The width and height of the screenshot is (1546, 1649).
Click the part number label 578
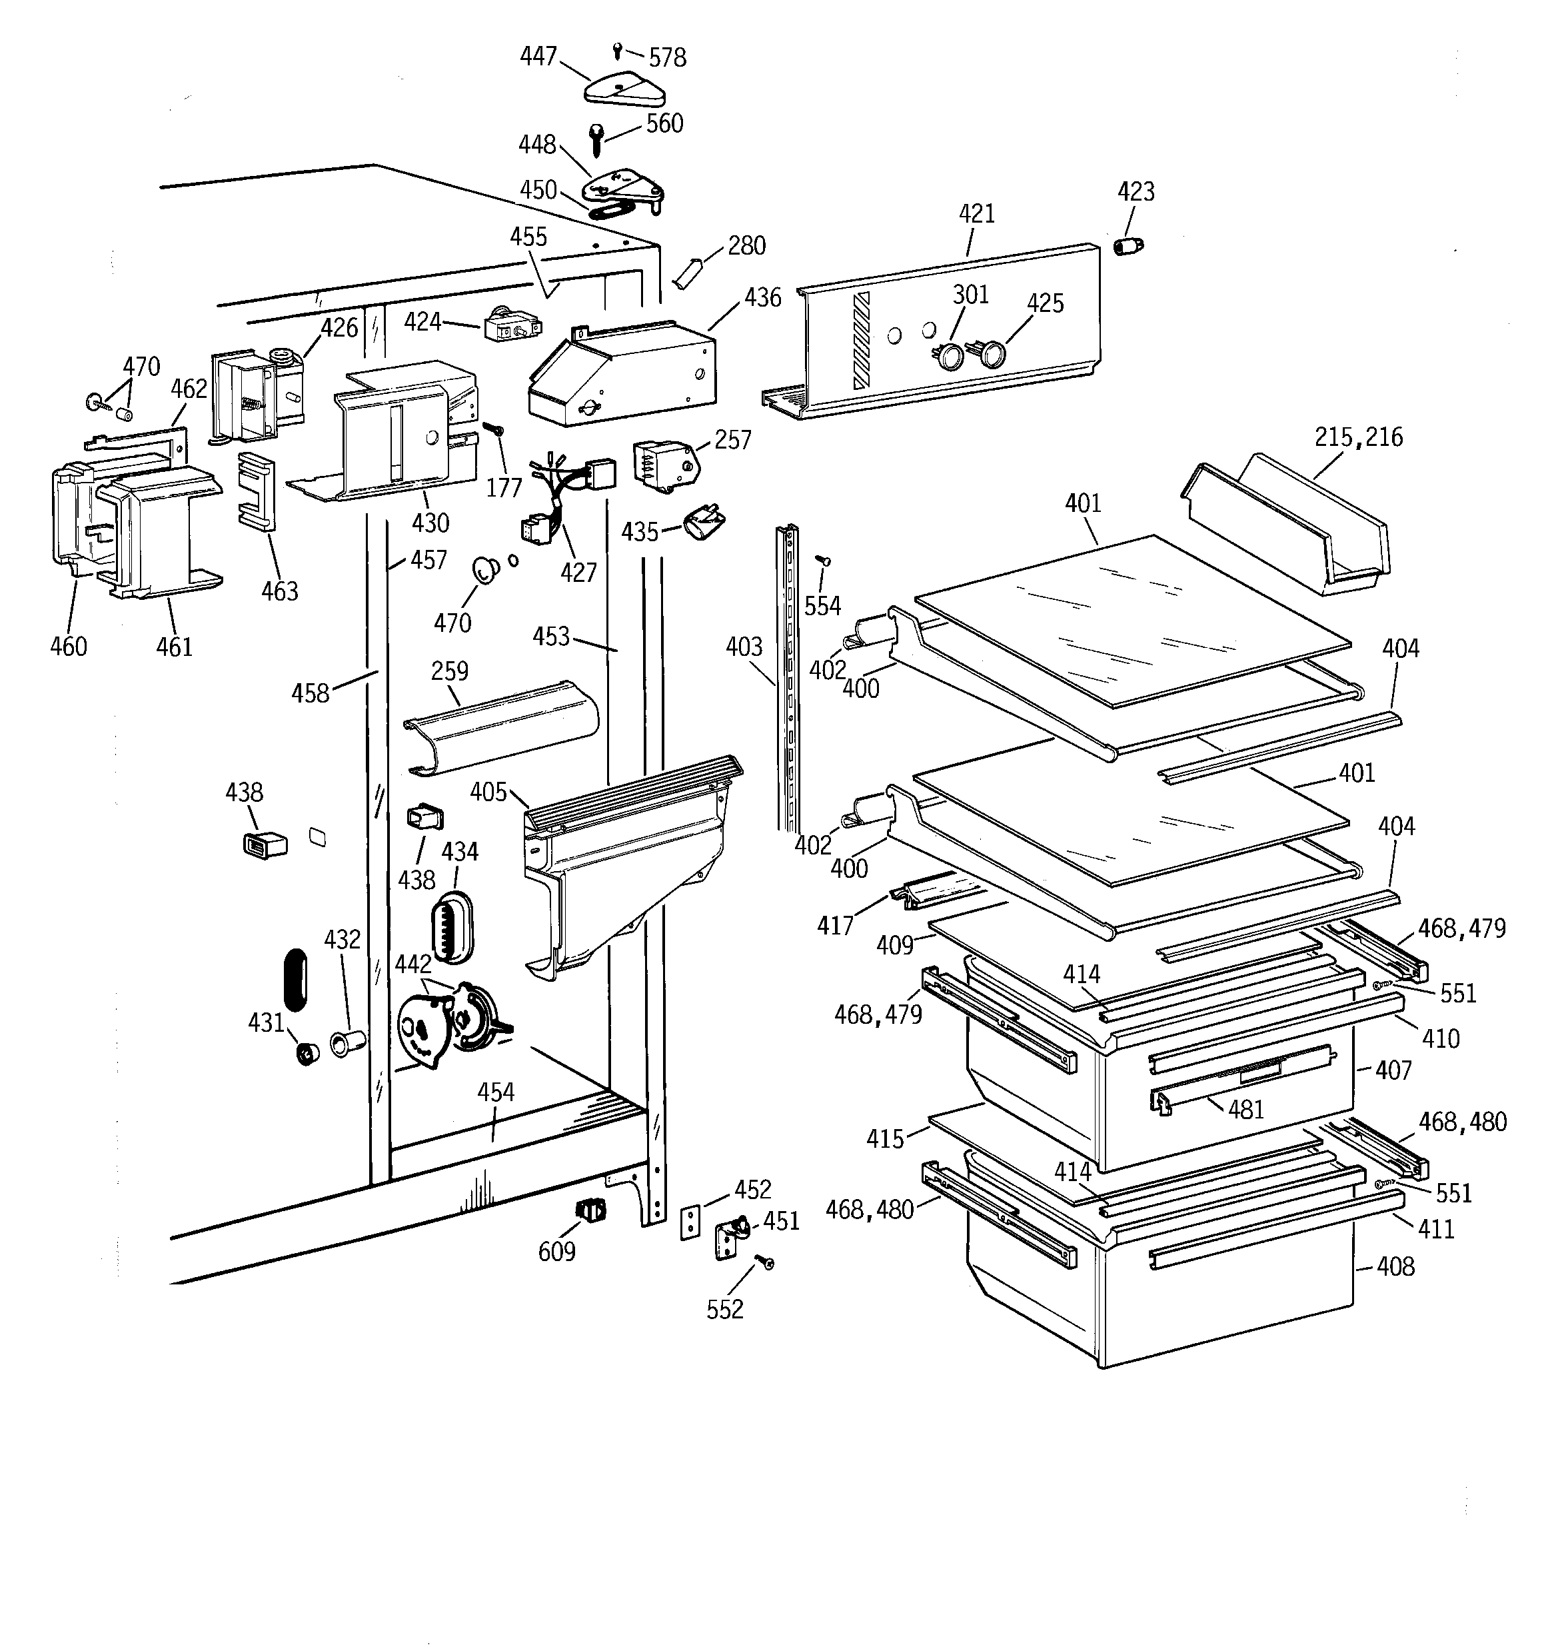667,58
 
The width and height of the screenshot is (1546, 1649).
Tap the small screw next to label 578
617,51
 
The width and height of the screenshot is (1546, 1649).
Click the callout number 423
1136,191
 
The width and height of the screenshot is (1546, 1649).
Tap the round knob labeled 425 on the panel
992,356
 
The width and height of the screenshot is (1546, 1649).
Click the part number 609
556,1251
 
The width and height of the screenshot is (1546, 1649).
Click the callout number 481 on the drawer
1245,1110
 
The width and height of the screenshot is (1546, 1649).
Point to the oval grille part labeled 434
450,928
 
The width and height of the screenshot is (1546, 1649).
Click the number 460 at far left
68,646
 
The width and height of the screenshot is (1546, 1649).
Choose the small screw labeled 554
824,562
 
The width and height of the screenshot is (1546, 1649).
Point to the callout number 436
762,297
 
